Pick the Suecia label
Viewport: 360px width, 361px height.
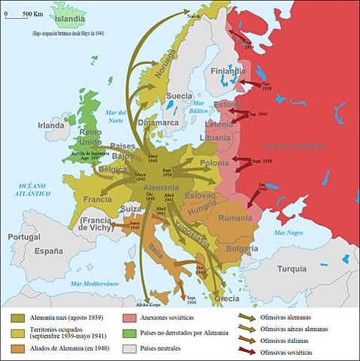coord(179,96)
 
